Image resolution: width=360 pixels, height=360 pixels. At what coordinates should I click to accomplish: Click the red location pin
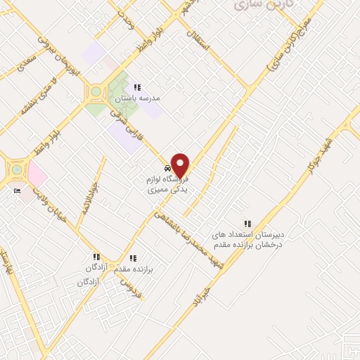pos(181,165)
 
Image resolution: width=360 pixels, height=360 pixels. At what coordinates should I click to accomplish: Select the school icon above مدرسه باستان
pos(137,88)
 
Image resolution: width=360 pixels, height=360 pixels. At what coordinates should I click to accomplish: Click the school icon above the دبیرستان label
pos(246,223)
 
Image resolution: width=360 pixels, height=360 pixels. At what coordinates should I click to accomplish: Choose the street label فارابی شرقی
pos(129,127)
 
